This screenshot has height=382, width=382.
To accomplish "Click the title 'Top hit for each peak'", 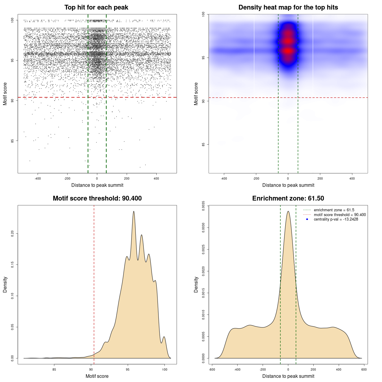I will [x=96, y=7].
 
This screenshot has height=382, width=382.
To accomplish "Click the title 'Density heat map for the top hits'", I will [x=288, y=7].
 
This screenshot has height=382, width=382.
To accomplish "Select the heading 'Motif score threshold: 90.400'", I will [x=97, y=198].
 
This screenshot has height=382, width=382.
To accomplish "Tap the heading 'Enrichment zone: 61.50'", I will [x=288, y=198].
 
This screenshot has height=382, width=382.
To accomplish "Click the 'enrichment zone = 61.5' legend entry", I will [x=334, y=210].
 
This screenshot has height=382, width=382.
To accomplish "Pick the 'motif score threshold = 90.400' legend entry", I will [x=340, y=215].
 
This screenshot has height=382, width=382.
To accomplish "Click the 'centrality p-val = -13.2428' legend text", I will [x=336, y=219].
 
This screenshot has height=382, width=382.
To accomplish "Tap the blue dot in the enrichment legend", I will [x=307, y=219].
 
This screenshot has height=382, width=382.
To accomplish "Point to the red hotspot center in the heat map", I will [x=288, y=51].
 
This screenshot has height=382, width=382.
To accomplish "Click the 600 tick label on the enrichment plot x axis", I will [x=364, y=369].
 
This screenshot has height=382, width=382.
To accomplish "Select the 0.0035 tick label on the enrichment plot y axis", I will [x=203, y=206].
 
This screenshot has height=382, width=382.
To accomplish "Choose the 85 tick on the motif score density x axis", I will [x=54, y=369].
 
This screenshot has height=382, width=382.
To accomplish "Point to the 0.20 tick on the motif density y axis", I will [x=12, y=233].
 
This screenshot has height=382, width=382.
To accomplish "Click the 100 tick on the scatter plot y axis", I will [x=12, y=20].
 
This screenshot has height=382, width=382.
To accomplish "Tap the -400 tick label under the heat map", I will [x=224, y=178].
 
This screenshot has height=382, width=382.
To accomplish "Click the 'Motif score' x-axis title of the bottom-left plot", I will [x=97, y=376].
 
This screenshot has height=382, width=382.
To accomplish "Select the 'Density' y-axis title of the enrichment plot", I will [x=196, y=284].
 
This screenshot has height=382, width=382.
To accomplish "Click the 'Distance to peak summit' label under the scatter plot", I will [x=97, y=185].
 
